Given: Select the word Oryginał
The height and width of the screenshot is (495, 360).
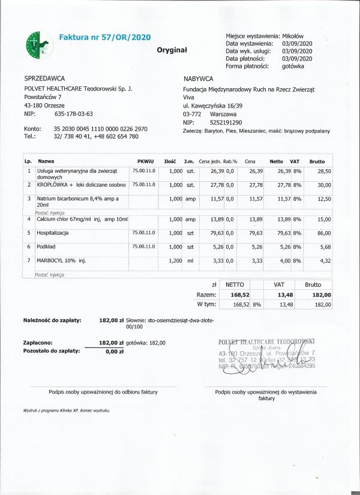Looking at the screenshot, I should click(172, 50).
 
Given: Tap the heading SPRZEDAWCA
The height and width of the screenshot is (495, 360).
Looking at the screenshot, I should click(44, 79).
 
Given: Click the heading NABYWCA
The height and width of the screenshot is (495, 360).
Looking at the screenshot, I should click(199, 79).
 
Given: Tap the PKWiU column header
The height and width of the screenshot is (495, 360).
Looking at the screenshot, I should click(146, 161).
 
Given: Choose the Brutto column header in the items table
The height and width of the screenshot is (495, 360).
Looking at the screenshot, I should click(317, 161).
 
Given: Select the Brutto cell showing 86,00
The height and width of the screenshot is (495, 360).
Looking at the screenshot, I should click(323, 232).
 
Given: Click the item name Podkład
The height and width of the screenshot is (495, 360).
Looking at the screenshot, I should click(46, 247).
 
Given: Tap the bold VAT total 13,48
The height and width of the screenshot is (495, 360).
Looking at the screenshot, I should click(280, 295).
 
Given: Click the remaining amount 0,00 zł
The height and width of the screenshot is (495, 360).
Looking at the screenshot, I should click(114, 352).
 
